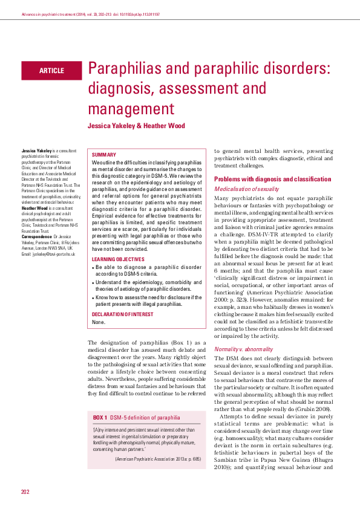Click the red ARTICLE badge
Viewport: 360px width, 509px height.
(51, 71)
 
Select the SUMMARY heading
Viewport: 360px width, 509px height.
(104, 155)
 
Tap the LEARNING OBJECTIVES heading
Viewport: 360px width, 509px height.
(118, 259)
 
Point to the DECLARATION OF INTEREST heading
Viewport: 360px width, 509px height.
(123, 314)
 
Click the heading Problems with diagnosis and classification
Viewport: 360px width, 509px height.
(272, 180)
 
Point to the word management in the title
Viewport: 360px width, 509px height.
(130, 109)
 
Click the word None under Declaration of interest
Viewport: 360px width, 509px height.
(98, 322)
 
